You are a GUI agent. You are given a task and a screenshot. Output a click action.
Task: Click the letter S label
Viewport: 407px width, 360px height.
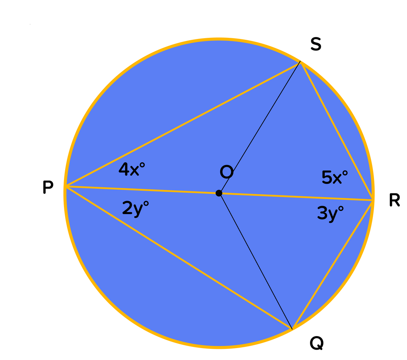tap(316, 45)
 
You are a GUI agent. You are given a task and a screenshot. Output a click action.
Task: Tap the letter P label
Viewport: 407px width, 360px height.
tap(48, 187)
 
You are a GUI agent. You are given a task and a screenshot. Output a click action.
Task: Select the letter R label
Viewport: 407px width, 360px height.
tap(394, 201)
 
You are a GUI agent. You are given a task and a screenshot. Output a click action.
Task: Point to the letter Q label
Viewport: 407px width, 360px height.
tap(316, 343)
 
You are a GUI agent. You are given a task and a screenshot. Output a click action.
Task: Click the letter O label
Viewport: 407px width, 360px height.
tap(227, 172)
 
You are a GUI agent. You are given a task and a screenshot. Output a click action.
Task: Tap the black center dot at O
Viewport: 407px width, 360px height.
tap(219, 193)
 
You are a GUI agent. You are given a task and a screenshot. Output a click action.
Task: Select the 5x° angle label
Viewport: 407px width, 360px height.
tap(335, 177)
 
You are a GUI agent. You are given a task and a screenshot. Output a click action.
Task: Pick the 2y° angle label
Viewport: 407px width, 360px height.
tap(135, 208)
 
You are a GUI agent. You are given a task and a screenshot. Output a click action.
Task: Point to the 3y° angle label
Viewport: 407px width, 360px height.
tap(330, 214)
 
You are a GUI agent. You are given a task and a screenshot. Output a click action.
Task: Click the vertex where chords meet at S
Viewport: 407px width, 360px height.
tap(300, 62)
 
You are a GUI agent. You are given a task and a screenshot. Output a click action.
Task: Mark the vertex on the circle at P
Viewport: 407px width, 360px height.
tap(66, 186)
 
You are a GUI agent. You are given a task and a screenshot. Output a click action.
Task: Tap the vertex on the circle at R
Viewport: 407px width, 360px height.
tap(373, 200)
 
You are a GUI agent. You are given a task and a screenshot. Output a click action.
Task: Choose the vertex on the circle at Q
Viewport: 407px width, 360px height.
tap(292, 329)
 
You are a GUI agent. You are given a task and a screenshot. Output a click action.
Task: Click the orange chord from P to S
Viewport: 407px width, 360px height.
tap(183, 124)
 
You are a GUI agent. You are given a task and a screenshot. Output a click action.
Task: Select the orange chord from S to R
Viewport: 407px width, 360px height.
tap(337, 131)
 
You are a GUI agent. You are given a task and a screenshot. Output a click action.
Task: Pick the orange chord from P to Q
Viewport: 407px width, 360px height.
tap(179, 257)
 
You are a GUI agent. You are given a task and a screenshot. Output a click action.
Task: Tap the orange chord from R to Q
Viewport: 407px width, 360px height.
tap(332, 265)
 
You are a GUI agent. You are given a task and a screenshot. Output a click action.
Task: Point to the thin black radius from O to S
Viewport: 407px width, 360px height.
tap(260, 128)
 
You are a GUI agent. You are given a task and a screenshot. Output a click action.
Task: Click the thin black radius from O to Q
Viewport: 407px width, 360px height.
tap(256, 261)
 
